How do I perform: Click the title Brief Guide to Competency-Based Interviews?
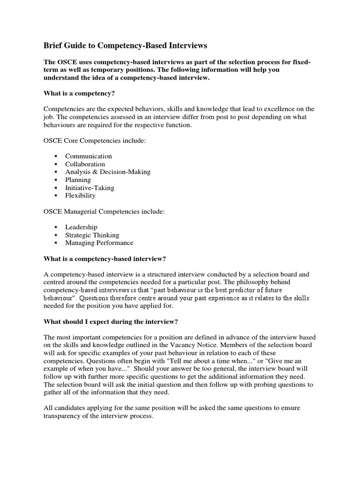pyautogui.click(x=125, y=45)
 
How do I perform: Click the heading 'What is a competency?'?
pyautogui.click(x=79, y=93)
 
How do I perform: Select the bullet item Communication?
pyautogui.click(x=88, y=156)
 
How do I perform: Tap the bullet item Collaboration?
pyautogui.click(x=85, y=164)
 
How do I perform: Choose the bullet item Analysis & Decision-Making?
pyautogui.click(x=108, y=172)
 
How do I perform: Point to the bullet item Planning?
pyautogui.click(x=78, y=180)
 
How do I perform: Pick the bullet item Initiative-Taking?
pyautogui.click(x=90, y=187)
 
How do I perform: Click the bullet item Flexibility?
pyautogui.click(x=80, y=195)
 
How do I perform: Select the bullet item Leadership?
pyautogui.click(x=81, y=227)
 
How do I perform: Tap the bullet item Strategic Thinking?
pyautogui.click(x=92, y=235)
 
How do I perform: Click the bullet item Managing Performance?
pyautogui.click(x=99, y=243)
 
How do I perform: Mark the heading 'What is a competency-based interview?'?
pyautogui.click(x=105, y=258)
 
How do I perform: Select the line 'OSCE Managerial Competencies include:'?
pyautogui.click(x=104, y=211)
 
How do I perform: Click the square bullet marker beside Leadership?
pyautogui.click(x=56, y=227)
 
